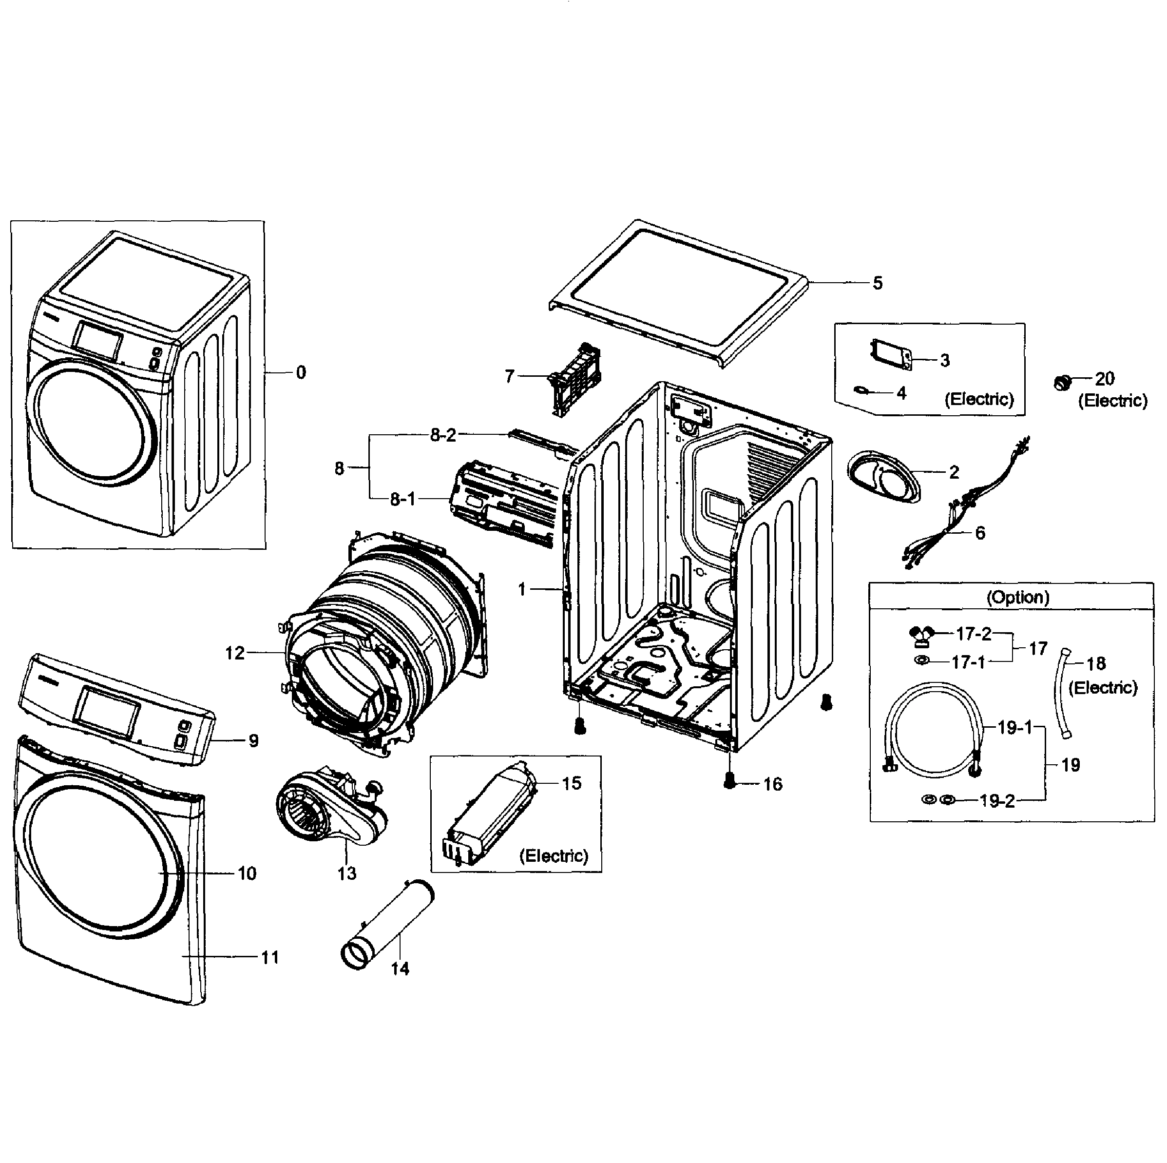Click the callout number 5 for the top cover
(x=878, y=283)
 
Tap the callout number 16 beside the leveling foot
(x=773, y=784)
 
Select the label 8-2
(x=443, y=435)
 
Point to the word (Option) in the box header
(x=1018, y=598)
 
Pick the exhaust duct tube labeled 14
(x=386, y=930)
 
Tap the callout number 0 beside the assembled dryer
(x=301, y=373)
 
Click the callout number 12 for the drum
(x=235, y=653)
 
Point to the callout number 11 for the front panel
(x=269, y=958)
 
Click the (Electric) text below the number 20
(x=1112, y=401)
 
